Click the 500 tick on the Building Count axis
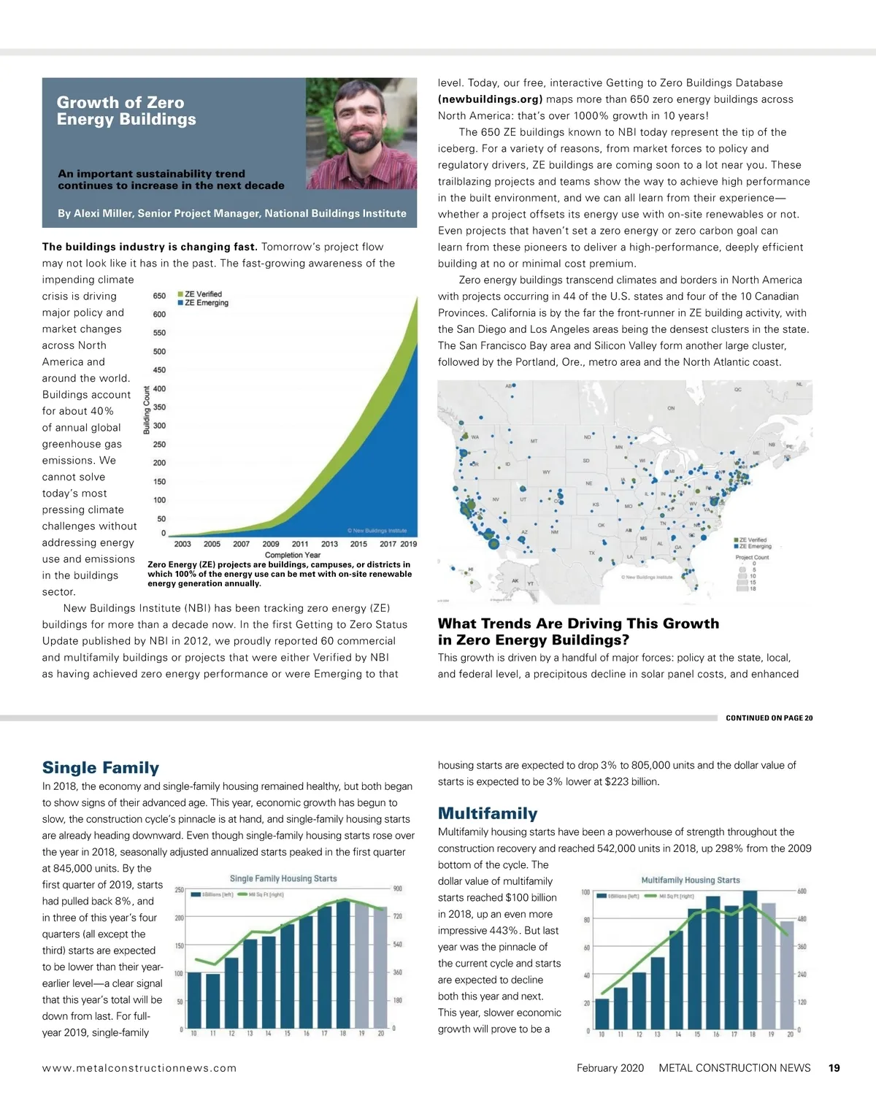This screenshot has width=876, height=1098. tap(159, 351)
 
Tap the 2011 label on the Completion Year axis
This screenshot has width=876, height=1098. tap(300, 544)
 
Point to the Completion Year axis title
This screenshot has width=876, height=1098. tap(292, 555)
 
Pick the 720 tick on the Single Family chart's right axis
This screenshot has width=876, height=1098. tap(398, 916)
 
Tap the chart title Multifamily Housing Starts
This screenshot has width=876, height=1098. tap(690, 880)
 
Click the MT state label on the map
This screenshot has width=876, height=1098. tap(534, 442)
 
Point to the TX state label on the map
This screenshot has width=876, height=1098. tap(592, 553)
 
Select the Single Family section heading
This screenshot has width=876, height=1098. tap(101, 767)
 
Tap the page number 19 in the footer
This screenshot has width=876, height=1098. tap(834, 1068)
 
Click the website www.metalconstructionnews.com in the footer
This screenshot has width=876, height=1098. tap(139, 1068)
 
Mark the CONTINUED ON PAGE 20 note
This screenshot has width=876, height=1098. tap(769, 718)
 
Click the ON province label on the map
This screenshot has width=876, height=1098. tap(671, 409)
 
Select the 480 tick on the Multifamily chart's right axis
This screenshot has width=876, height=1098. tap(802, 919)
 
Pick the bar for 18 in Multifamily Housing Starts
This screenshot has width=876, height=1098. tap(750, 959)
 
